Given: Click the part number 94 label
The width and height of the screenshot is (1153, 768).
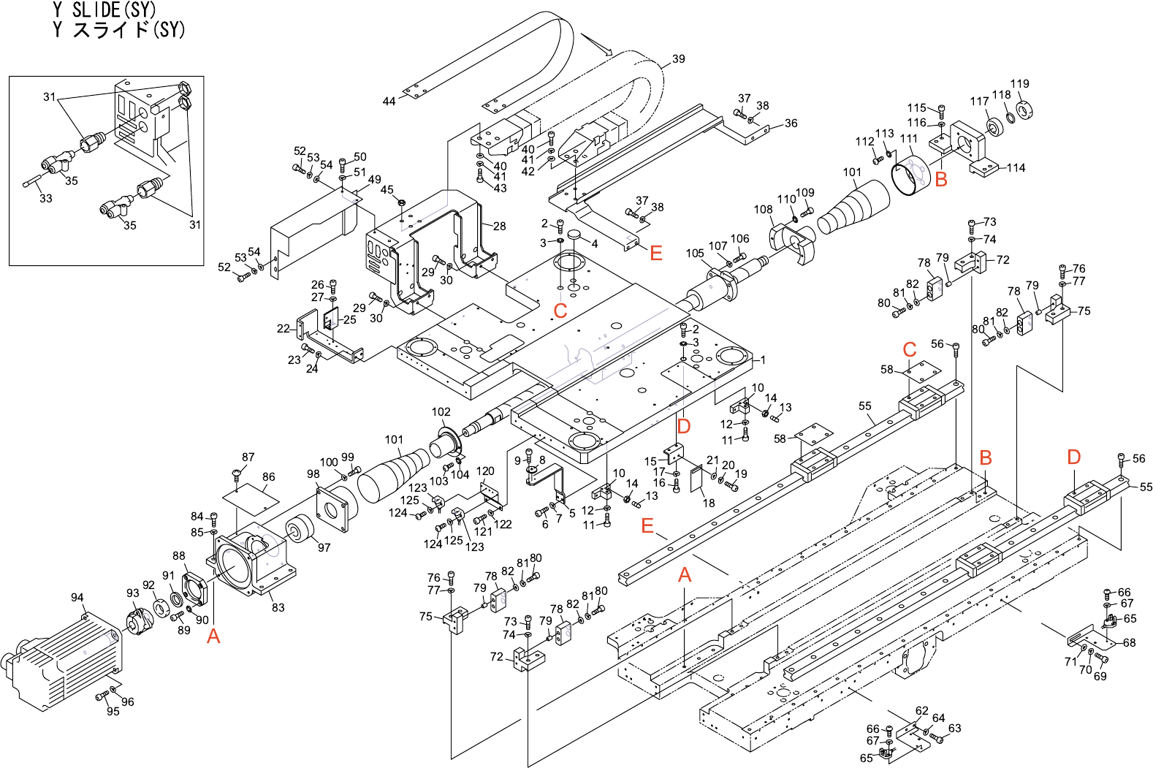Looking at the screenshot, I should point(77,598).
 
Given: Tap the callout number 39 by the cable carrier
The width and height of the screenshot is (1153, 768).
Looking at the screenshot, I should point(679,59).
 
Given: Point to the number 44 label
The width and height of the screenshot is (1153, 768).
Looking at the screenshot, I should point(389,102).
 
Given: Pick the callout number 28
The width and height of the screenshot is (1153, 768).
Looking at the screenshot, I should point(500,227).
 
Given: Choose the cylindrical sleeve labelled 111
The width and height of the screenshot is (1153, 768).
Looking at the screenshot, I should point(910,178).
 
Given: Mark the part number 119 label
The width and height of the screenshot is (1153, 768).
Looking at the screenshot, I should point(1020,84).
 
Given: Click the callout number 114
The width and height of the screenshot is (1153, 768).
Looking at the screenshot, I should point(1016,168).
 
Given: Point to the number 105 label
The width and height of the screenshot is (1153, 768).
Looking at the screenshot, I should point(695,254).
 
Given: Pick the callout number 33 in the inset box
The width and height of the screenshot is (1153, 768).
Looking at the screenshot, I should point(46,198).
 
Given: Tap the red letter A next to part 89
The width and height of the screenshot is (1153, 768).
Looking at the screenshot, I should point(213,636).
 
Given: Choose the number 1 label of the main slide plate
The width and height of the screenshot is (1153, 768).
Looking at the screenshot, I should point(764,360).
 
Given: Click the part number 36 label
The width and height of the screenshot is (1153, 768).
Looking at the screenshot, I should point(791,123).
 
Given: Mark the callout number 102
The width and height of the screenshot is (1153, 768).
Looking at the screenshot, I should point(441,412).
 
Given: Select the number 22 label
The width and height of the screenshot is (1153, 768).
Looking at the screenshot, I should point(284,329).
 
